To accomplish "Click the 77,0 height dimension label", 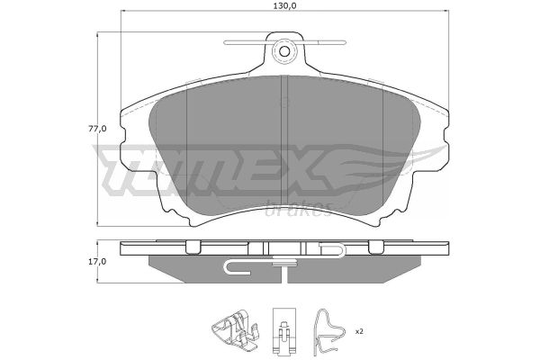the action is click(x=97, y=129).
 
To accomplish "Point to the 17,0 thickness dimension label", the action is click(x=97, y=262).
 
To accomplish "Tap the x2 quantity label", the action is click(x=359, y=331).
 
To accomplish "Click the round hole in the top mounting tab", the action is click(x=284, y=51).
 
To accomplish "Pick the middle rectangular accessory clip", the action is click(x=284, y=330).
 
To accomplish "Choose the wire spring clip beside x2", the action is click(x=329, y=332).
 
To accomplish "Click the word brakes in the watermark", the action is click(x=299, y=209).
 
